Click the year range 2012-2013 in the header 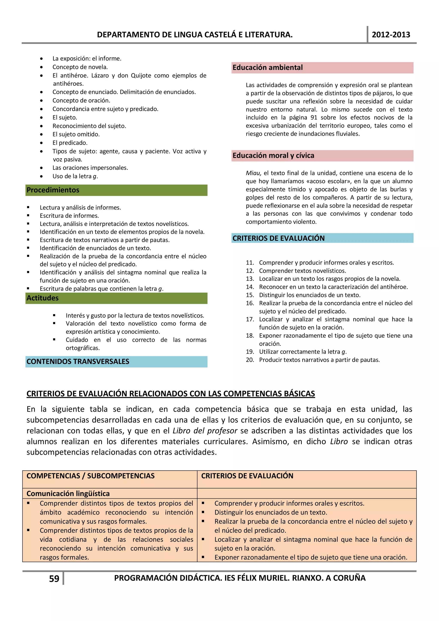(391, 35)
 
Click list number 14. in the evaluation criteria (250, 287)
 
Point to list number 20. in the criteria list (250, 360)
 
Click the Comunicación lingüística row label (68, 494)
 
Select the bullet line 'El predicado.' (70, 143)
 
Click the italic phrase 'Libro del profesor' (205, 431)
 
